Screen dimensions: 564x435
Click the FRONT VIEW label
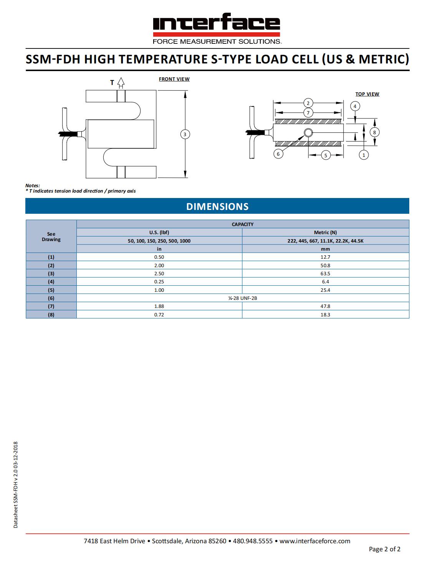pyautogui.click(x=174, y=79)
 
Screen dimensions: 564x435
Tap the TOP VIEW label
pyautogui.click(x=367, y=94)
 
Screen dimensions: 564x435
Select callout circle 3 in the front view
pyautogui.click(x=185, y=134)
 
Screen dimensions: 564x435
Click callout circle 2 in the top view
pyautogui.click(x=308, y=103)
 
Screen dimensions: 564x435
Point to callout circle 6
pyautogui.click(x=278, y=154)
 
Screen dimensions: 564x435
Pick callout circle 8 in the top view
pyautogui.click(x=374, y=132)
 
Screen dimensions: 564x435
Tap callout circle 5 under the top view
pyautogui.click(x=326, y=155)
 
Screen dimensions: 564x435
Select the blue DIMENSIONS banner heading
pyautogui.click(x=217, y=206)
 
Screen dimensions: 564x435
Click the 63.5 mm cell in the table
pyautogui.click(x=325, y=274)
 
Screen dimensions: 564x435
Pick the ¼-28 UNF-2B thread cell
pyautogui.click(x=243, y=298)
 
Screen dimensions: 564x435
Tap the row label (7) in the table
pyautogui.click(x=51, y=306)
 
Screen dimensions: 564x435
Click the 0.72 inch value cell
pyautogui.click(x=159, y=314)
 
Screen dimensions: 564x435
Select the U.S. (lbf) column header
pyautogui.click(x=159, y=232)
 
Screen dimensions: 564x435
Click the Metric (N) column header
pyautogui.click(x=325, y=232)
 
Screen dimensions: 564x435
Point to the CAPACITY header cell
pyautogui.click(x=243, y=224)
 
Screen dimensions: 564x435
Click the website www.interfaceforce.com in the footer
pyautogui.click(x=315, y=541)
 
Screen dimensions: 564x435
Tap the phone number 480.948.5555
pyautogui.click(x=253, y=541)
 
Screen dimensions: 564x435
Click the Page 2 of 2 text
pyautogui.click(x=384, y=549)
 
